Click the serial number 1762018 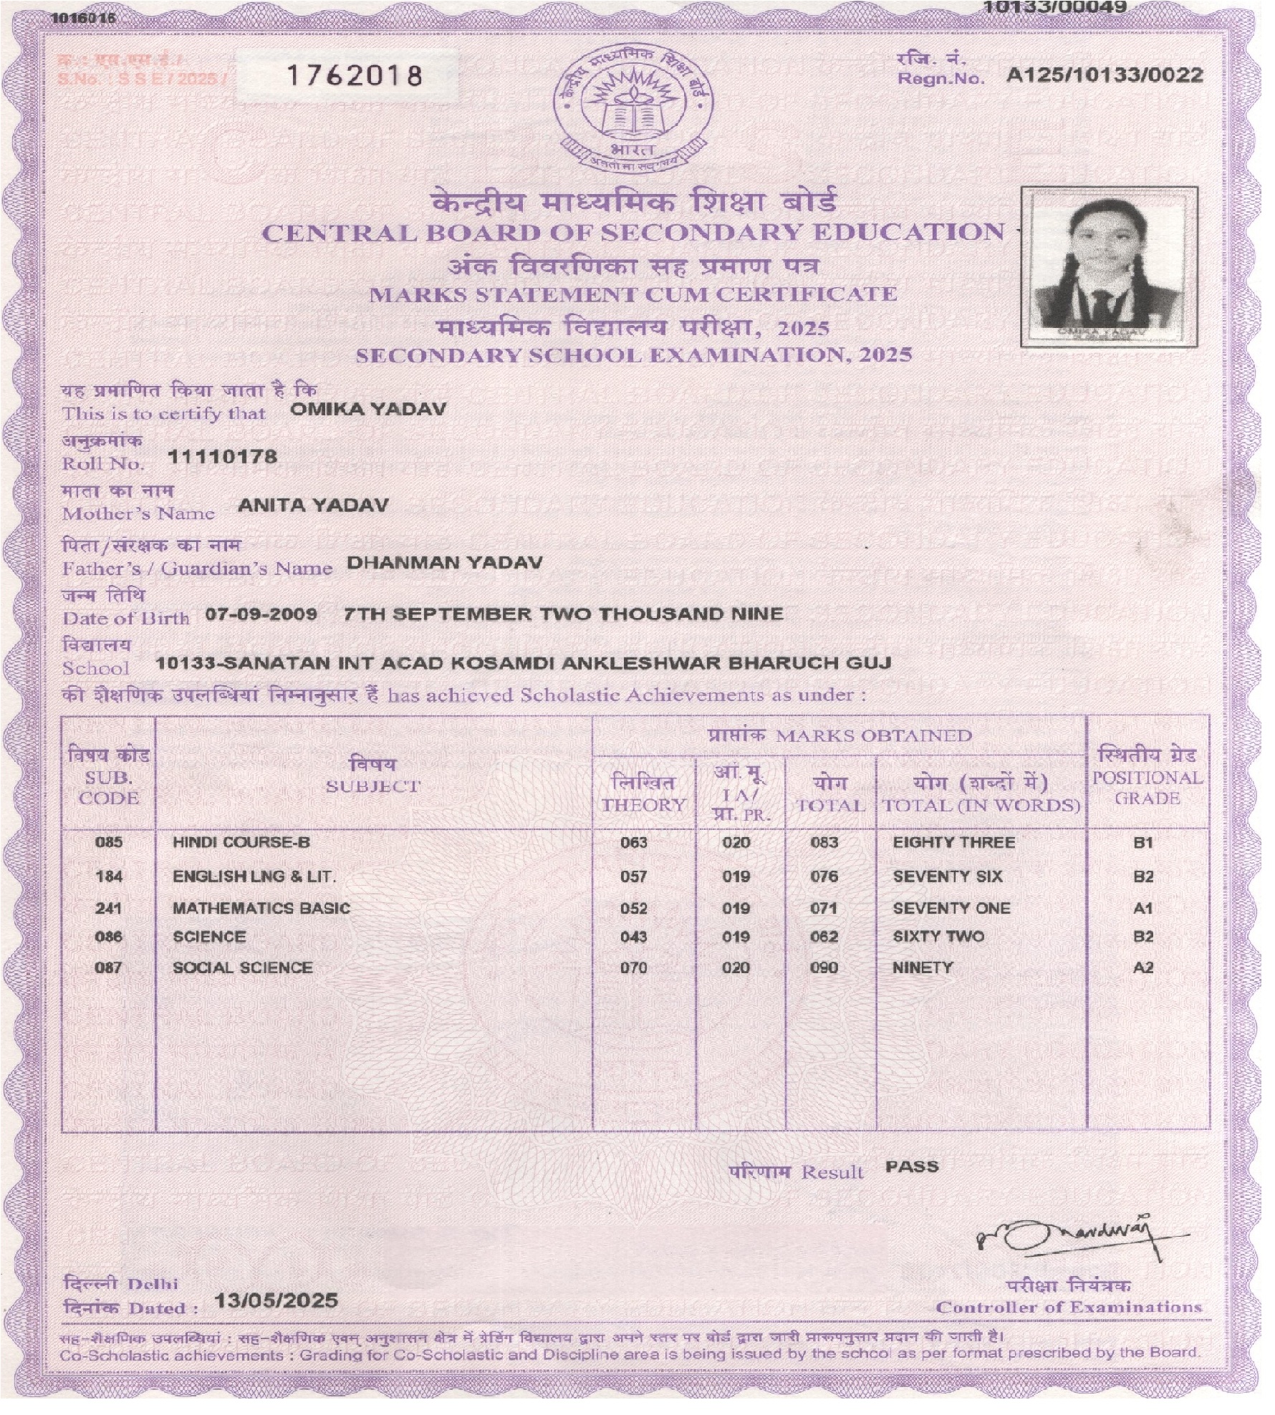[x=354, y=75]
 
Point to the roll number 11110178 [x=222, y=457]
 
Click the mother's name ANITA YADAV [x=313, y=506]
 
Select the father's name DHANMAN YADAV [x=444, y=562]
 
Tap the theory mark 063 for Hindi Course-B [x=634, y=843]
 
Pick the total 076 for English [x=824, y=876]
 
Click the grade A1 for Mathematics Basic [x=1143, y=908]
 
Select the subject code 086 [x=109, y=937]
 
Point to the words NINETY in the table [x=923, y=967]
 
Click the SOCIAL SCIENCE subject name [x=243, y=967]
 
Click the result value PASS [x=911, y=1167]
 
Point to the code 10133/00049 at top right [x=1054, y=7]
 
